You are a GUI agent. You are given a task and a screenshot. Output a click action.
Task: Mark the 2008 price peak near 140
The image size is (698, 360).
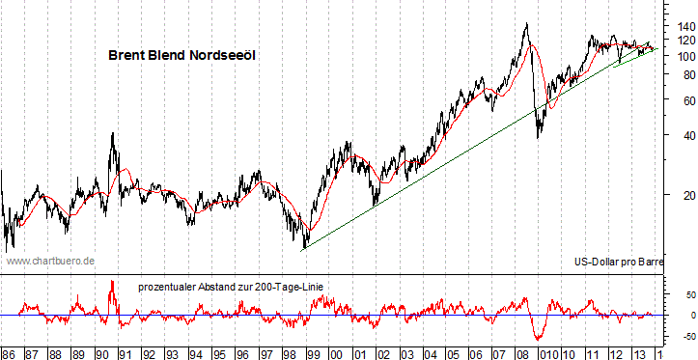click(x=525, y=25)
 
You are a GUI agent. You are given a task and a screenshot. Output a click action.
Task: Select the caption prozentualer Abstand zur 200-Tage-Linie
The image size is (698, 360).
click(x=231, y=287)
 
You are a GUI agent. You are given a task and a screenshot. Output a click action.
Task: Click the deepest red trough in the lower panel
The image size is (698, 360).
click(x=538, y=339)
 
